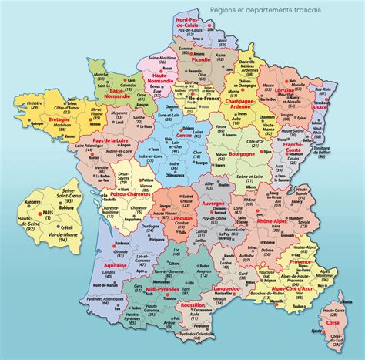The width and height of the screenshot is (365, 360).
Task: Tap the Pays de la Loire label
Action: [x=112, y=140]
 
